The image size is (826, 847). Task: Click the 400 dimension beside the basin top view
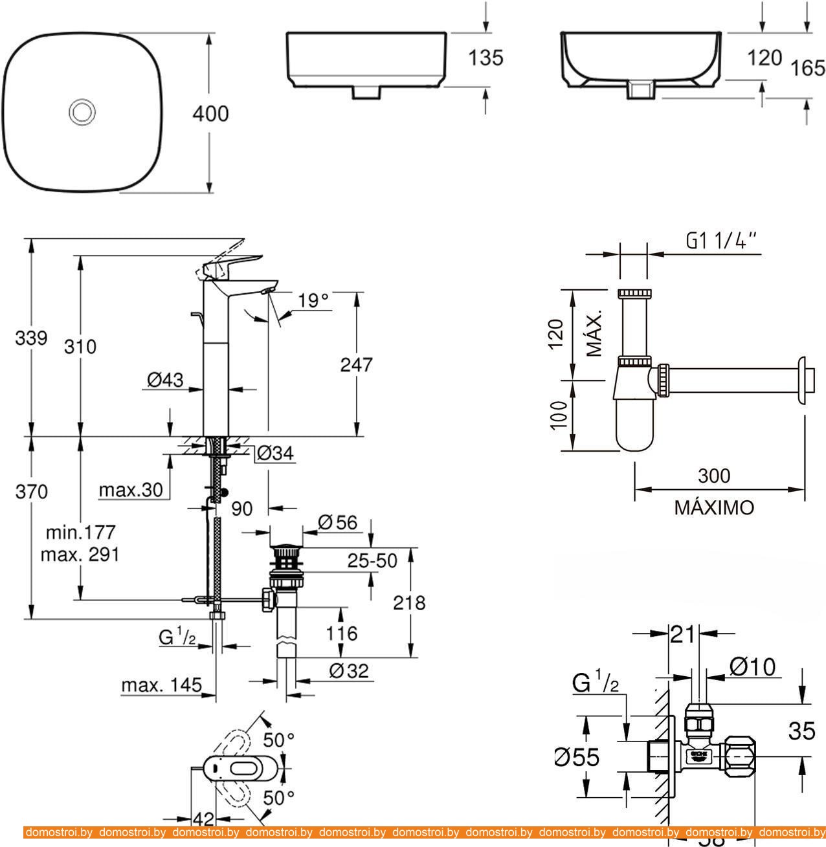click(210, 114)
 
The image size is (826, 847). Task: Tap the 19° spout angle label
click(314, 300)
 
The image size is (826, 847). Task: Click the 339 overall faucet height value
click(30, 338)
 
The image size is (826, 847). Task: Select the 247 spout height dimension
click(357, 364)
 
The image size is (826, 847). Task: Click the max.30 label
click(131, 490)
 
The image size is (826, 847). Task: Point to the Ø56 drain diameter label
click(338, 522)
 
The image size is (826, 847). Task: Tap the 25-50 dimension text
click(372, 560)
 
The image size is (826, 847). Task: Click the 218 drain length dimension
click(410, 602)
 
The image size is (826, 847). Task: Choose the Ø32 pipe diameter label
click(348, 670)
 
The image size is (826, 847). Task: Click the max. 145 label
click(161, 685)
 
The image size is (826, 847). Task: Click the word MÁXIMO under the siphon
click(714, 507)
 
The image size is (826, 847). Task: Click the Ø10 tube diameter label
click(752, 666)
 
